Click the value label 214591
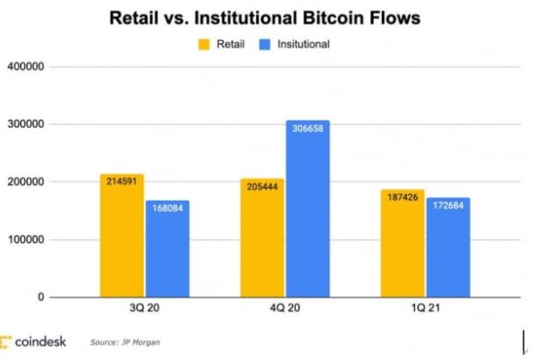coord(121,180)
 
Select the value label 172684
coord(448,204)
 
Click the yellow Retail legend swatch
coord(204,43)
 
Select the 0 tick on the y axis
coord(40,298)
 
